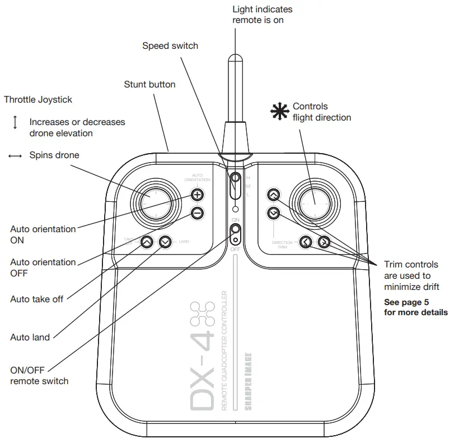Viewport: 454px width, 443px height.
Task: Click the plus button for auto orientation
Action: click(x=197, y=195)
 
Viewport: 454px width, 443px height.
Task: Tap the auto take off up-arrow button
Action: click(x=146, y=242)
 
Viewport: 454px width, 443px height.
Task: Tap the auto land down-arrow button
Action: click(x=165, y=242)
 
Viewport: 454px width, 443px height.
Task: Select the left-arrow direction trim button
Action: click(x=306, y=242)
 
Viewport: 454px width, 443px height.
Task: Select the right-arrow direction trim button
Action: click(x=324, y=242)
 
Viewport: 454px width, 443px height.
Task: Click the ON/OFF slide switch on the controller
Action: click(x=236, y=232)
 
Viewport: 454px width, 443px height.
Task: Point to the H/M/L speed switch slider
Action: click(x=236, y=186)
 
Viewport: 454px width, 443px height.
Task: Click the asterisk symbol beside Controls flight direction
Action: click(x=278, y=111)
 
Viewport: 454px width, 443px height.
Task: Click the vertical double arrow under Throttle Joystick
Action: click(x=15, y=122)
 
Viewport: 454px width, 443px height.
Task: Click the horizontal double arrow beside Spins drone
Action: click(x=15, y=156)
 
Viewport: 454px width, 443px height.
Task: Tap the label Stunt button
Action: click(x=149, y=85)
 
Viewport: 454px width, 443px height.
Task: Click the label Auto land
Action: click(x=30, y=338)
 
